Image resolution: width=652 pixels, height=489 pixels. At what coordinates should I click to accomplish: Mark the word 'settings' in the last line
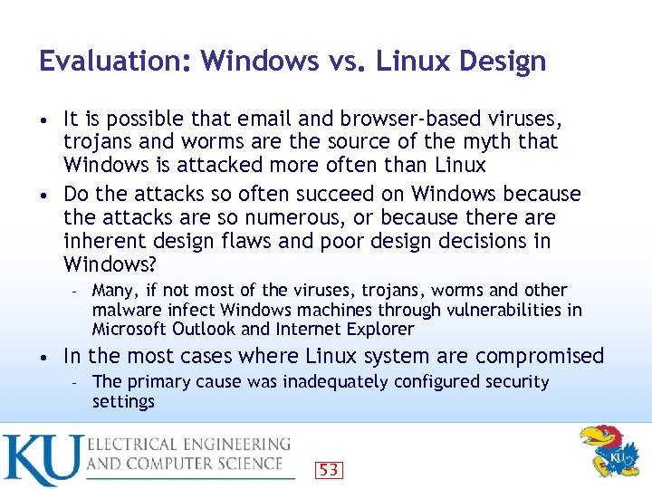point(124,401)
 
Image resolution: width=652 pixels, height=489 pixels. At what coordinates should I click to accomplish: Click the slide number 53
point(329,469)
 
